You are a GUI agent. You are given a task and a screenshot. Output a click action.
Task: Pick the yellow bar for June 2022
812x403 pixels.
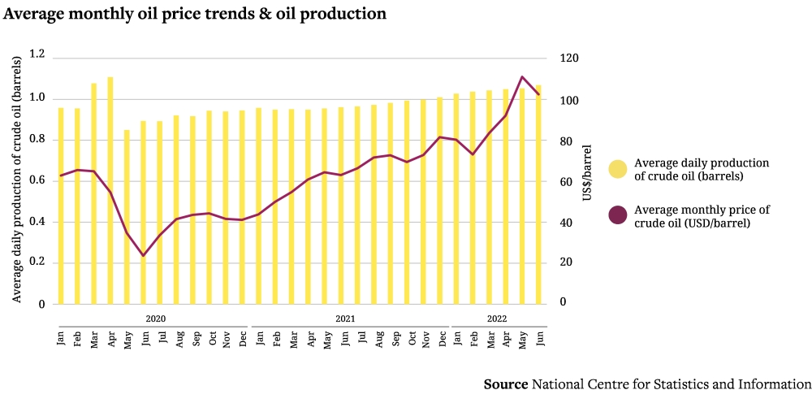pos(538,195)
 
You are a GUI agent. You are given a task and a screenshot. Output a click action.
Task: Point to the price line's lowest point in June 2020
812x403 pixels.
pos(144,256)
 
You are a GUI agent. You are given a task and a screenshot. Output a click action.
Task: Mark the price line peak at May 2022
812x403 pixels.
pos(522,77)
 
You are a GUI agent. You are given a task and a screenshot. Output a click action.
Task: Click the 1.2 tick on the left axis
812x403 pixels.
pos(37,54)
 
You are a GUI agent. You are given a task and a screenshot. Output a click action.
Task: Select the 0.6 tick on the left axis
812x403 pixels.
pos(37,180)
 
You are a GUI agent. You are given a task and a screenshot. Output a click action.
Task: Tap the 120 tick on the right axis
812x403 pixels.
pos(568,59)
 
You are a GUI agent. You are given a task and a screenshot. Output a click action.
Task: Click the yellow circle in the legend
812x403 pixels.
pos(618,169)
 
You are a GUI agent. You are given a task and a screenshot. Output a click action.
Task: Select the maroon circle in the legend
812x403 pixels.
pos(618,215)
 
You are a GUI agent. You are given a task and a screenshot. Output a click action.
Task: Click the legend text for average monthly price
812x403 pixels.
pos(702,215)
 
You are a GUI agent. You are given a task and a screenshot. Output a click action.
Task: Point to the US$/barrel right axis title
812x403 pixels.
pos(588,174)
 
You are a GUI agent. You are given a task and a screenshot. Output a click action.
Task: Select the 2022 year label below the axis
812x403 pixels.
pos(497,318)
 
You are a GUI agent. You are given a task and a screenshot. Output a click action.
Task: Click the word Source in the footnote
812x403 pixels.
pos(506,383)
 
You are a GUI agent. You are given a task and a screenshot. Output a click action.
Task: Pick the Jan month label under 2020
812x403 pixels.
pos(61,337)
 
